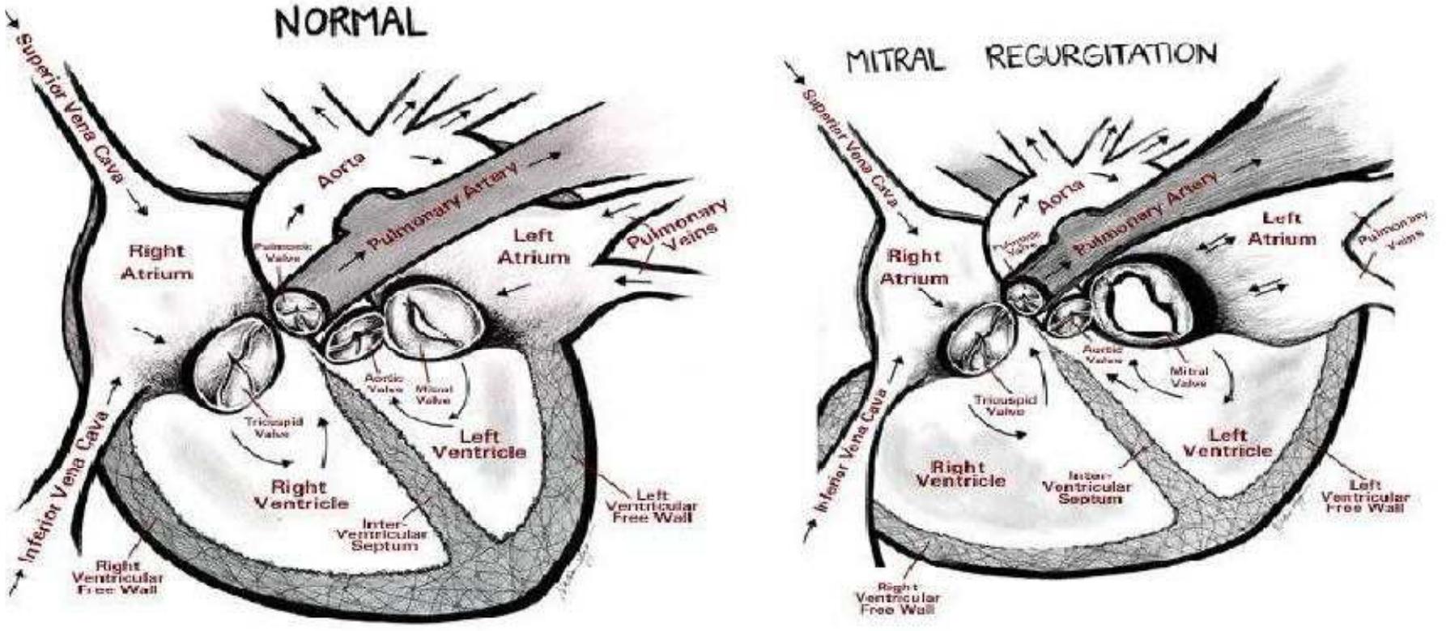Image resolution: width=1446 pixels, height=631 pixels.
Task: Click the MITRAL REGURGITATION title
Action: tap(1030, 57)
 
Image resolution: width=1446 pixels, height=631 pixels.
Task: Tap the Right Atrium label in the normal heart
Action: tap(157, 262)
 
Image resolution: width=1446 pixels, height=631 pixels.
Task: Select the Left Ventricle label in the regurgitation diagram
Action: tap(1227, 442)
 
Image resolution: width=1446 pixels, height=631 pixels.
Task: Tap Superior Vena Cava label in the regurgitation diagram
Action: tap(848, 147)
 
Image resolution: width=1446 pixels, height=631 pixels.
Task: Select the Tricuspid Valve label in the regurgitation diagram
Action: tap(998, 406)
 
